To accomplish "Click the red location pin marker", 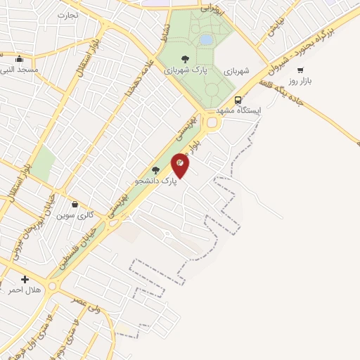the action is coord(180,165).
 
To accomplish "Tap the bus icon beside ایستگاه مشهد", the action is coord(238,100).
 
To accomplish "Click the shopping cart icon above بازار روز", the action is coord(300,70).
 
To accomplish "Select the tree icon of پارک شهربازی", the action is coord(185,59).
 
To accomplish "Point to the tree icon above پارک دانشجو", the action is coord(155,170).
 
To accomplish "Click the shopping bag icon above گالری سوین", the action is coord(75,204).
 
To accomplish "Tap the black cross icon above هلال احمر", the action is coord(25,279).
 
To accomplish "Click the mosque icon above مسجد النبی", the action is coord(18,59).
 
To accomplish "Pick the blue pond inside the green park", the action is coord(206,40).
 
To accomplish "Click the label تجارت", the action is coord(67,15).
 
